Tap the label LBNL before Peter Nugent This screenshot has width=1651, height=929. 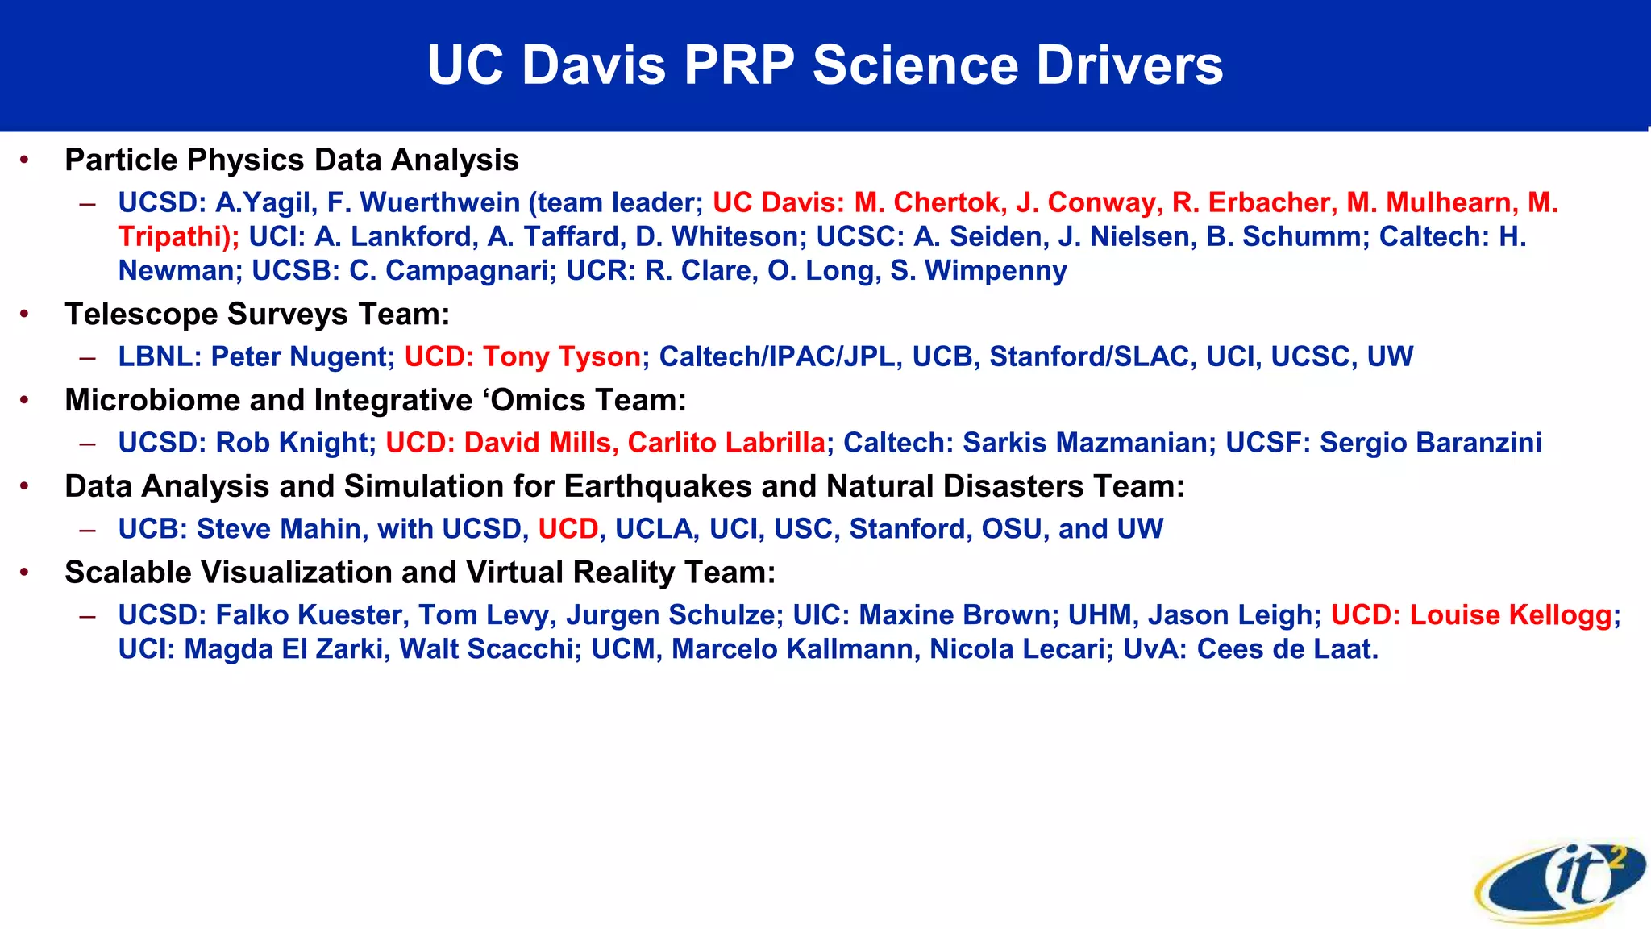click(x=158, y=356)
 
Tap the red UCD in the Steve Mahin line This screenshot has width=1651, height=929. click(x=568, y=529)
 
